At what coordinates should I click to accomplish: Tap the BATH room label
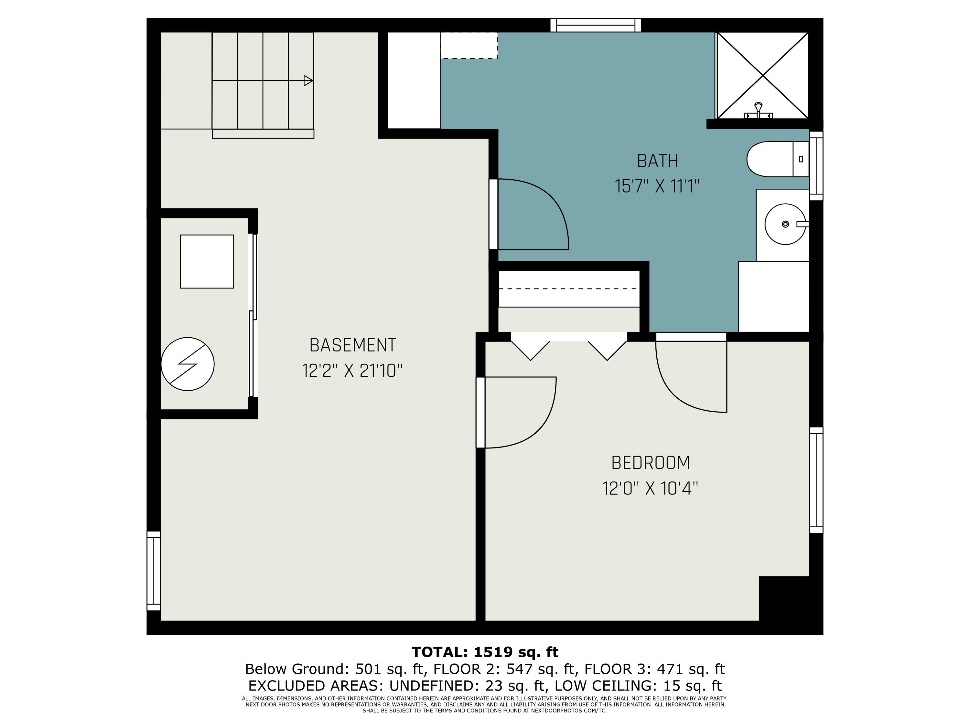[657, 161]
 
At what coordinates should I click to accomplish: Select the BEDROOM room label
[650, 463]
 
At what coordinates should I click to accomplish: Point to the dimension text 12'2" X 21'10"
[352, 371]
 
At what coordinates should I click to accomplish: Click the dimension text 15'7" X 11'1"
[657, 186]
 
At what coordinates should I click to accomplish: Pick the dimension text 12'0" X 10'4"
[650, 488]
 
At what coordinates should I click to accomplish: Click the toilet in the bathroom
[778, 159]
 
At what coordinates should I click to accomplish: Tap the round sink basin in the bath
[785, 224]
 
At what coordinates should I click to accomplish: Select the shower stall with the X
[762, 75]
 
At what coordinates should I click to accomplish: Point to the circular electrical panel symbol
[188, 364]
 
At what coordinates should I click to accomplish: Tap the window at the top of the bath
[596, 25]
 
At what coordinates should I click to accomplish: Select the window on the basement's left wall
[154, 571]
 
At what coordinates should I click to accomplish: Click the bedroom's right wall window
[816, 480]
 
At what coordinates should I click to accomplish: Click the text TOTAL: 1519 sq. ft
[485, 652]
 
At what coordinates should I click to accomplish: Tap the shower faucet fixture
[758, 111]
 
